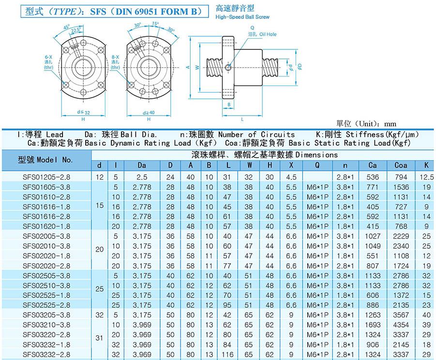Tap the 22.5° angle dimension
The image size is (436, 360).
pyautogui.click(x=76, y=30)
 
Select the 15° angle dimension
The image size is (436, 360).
pyautogui.click(x=155, y=24)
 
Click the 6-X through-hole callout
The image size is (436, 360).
pyautogui.click(x=48, y=62)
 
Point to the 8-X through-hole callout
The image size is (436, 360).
pyautogui.click(x=115, y=62)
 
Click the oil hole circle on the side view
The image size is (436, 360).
pyautogui.click(x=228, y=67)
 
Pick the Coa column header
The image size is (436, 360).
pyautogui.click(x=401, y=165)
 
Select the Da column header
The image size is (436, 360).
pyautogui.click(x=142, y=165)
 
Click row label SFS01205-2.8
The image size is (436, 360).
pyautogui.click(x=46, y=177)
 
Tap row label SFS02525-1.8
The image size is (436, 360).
pyautogui.click(x=46, y=295)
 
